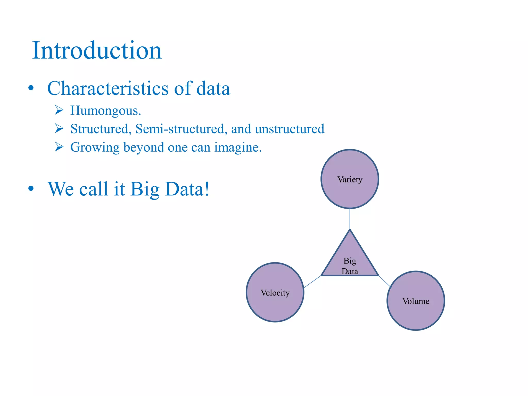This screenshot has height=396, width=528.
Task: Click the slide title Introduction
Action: point(97,51)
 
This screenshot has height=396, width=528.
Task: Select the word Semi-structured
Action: point(181,129)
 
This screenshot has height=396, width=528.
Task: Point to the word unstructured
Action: point(290,129)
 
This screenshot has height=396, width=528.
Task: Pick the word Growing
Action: point(95,148)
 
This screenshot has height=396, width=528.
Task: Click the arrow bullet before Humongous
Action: point(59,110)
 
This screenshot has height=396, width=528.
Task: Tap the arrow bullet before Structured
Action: point(59,128)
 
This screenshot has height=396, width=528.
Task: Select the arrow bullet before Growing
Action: point(59,147)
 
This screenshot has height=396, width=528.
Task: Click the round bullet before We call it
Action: point(31,188)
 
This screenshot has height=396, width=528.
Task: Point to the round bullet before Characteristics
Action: point(31,88)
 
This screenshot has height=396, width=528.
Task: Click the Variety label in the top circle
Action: point(350,179)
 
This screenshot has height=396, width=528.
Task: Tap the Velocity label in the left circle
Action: point(275,293)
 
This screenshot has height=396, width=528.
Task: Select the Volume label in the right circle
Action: point(416,301)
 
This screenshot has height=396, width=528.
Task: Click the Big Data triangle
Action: point(350,260)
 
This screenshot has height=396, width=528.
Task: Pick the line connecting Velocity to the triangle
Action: point(312,282)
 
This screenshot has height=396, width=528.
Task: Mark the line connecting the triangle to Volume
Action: point(385,281)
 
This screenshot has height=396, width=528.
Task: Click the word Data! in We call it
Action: point(187,189)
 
